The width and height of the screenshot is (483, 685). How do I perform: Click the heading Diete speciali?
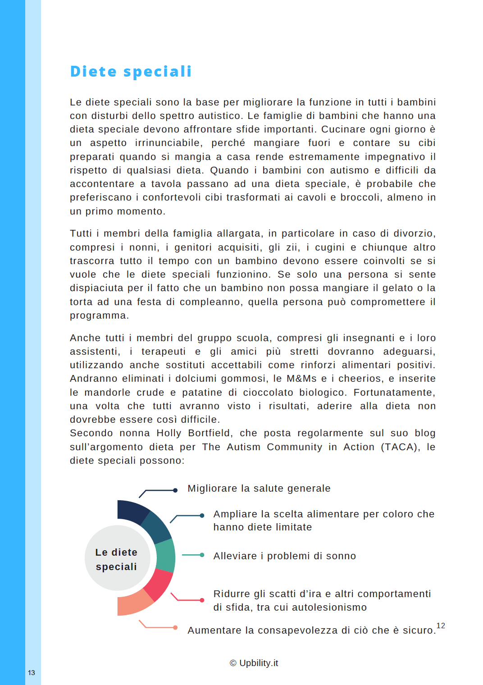[x=131, y=72]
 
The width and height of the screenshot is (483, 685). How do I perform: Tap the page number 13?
[x=31, y=673]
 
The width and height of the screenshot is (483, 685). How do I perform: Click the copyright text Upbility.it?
[x=254, y=663]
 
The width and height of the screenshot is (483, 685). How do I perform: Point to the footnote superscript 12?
[x=441, y=626]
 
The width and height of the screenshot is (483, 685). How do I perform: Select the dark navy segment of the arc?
[x=131, y=512]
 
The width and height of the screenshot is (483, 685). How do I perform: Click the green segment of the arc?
[x=165, y=556]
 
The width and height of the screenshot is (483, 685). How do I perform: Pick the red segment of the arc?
[x=159, y=584]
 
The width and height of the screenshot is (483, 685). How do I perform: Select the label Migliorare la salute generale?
[x=259, y=489]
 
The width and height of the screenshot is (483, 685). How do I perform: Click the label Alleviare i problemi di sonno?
[x=285, y=556]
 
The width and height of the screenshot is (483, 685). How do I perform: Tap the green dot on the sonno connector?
[x=202, y=555]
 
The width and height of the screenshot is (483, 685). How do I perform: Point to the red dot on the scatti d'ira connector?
[x=202, y=600]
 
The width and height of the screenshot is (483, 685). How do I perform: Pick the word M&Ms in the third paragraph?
[x=301, y=379]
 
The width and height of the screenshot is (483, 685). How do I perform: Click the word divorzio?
[x=414, y=233]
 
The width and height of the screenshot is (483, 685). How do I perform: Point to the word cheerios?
[x=360, y=379]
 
